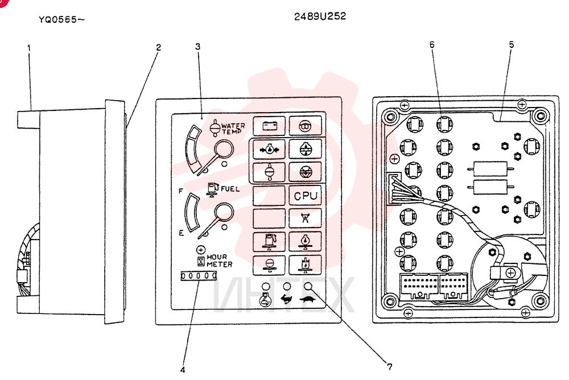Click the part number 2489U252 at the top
pos(320,16)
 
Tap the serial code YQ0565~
pos(61,19)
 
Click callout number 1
pos(29,48)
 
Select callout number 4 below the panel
pos(183,369)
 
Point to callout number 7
pos(390,366)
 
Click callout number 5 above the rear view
pos(512,44)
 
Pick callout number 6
pos(432,44)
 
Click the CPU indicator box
pos(305,196)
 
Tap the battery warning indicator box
pos(269,126)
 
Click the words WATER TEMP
pos(233,129)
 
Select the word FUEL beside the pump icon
pos(230,189)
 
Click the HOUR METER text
pos(219,261)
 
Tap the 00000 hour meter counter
pos(199,276)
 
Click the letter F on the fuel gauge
pos(181,191)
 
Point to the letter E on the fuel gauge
pos(181,233)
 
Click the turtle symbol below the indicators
pos(308,299)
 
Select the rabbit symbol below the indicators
pos(286,299)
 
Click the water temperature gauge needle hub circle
pos(224,148)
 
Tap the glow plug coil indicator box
pos(305,126)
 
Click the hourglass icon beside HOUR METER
pos(201,261)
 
